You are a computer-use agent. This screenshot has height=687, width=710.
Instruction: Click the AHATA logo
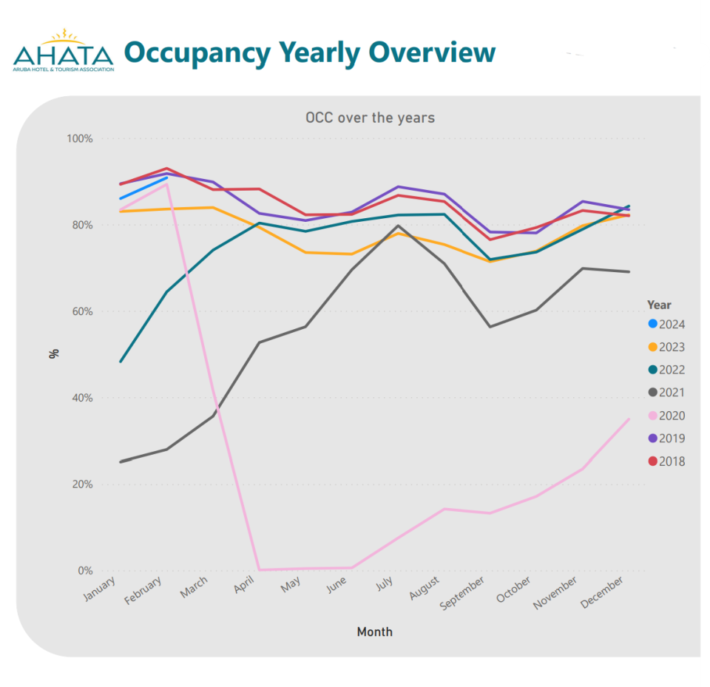pos(63,51)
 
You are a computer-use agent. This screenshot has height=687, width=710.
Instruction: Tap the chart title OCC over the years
pos(370,118)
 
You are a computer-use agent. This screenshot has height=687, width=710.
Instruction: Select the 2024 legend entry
pos(666,324)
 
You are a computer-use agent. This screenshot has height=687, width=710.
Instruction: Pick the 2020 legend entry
pos(666,416)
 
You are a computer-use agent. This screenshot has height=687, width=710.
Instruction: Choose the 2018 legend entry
pos(666,461)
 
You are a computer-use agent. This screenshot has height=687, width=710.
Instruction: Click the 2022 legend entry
pos(666,370)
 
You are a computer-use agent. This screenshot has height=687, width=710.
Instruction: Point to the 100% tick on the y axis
pos(80,139)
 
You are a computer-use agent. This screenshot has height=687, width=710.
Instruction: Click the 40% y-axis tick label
pos(82,398)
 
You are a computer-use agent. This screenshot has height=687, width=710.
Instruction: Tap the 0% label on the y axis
pos(85,571)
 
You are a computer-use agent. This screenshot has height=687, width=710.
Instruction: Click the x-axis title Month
pos(374,632)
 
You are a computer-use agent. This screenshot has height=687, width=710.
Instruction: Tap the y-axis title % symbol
pos(53,353)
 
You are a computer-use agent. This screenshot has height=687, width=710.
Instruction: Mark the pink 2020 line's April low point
pos(260,569)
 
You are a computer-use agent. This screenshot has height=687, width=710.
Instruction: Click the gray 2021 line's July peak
pos(399,226)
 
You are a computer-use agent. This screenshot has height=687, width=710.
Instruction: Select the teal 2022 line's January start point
pos(120,362)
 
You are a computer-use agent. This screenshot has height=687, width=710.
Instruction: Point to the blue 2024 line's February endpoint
pos(167,177)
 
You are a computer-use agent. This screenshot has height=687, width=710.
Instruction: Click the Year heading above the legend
pos(659,305)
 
